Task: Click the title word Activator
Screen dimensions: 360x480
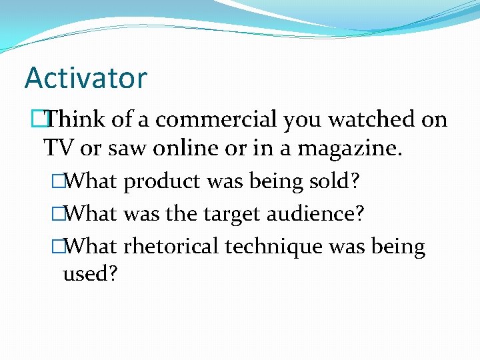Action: (x=85, y=78)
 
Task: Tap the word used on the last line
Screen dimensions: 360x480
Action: (x=89, y=273)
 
